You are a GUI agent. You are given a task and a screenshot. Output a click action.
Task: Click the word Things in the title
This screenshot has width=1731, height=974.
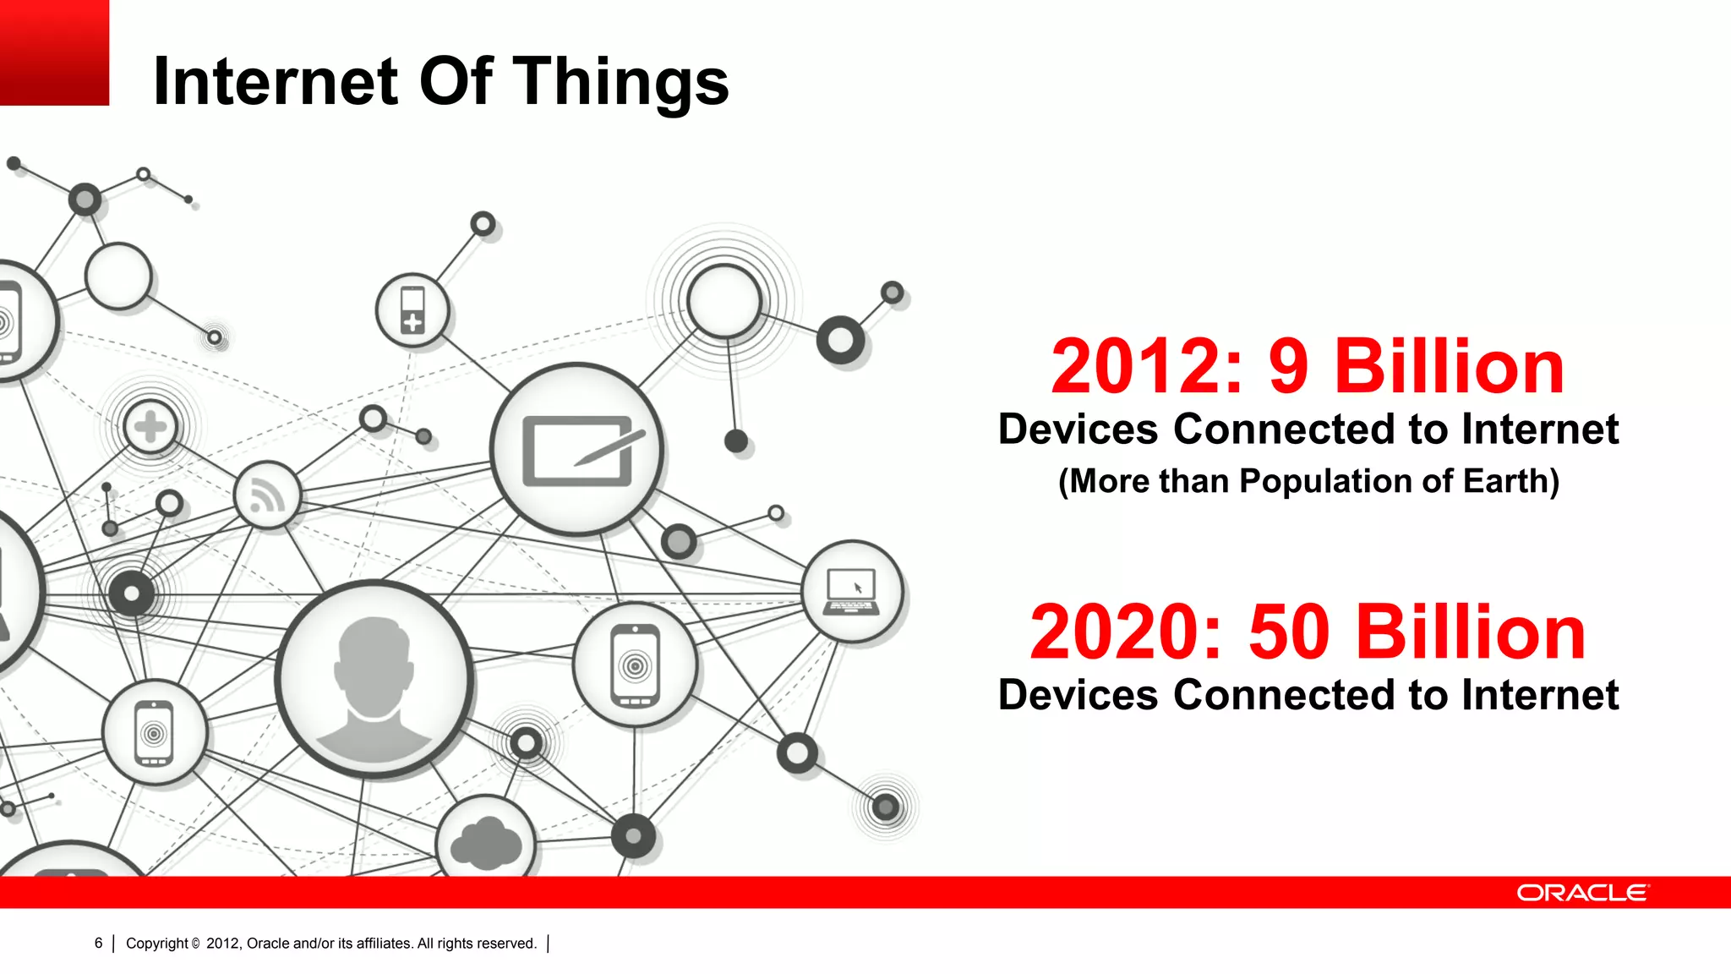tap(620, 82)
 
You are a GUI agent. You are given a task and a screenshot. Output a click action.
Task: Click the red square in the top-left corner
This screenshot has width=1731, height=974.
tap(54, 52)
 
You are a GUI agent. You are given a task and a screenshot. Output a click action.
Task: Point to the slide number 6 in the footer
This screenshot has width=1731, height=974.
tap(99, 943)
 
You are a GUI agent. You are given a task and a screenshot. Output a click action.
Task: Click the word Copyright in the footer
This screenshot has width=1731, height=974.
tap(157, 943)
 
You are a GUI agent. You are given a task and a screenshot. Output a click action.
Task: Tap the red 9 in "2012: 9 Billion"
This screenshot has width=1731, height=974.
tap(1288, 367)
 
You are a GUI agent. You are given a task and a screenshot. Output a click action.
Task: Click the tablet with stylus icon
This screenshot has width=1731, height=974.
tap(577, 450)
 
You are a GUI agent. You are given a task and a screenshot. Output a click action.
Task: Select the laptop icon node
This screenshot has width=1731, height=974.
tap(852, 591)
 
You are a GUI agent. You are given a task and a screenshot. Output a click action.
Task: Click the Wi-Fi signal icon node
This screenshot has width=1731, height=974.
tap(267, 495)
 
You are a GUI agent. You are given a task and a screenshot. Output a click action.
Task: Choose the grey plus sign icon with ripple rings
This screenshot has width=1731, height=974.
tap(150, 427)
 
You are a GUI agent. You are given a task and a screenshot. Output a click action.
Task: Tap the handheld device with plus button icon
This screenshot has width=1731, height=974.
tap(412, 310)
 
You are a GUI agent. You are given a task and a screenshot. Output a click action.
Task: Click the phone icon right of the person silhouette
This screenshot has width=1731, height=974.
tap(636, 665)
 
